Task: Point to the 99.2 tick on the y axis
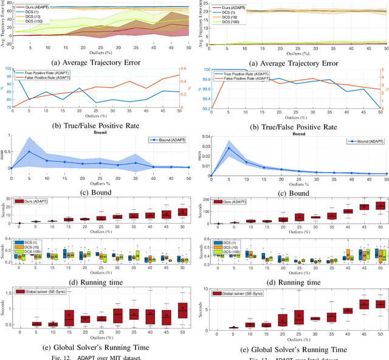204,108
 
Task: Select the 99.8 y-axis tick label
204,78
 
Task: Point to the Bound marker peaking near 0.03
229,148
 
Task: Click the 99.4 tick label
204,99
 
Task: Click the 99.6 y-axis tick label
204,89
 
